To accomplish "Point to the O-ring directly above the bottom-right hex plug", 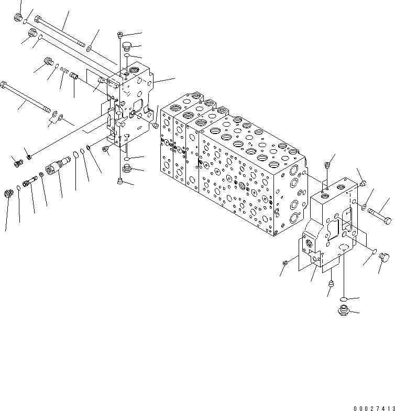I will coord(343,299).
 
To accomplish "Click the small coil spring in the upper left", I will coord(63,71).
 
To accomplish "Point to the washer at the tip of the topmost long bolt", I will coord(90,49).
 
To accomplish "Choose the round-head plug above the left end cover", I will coord(126,47).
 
